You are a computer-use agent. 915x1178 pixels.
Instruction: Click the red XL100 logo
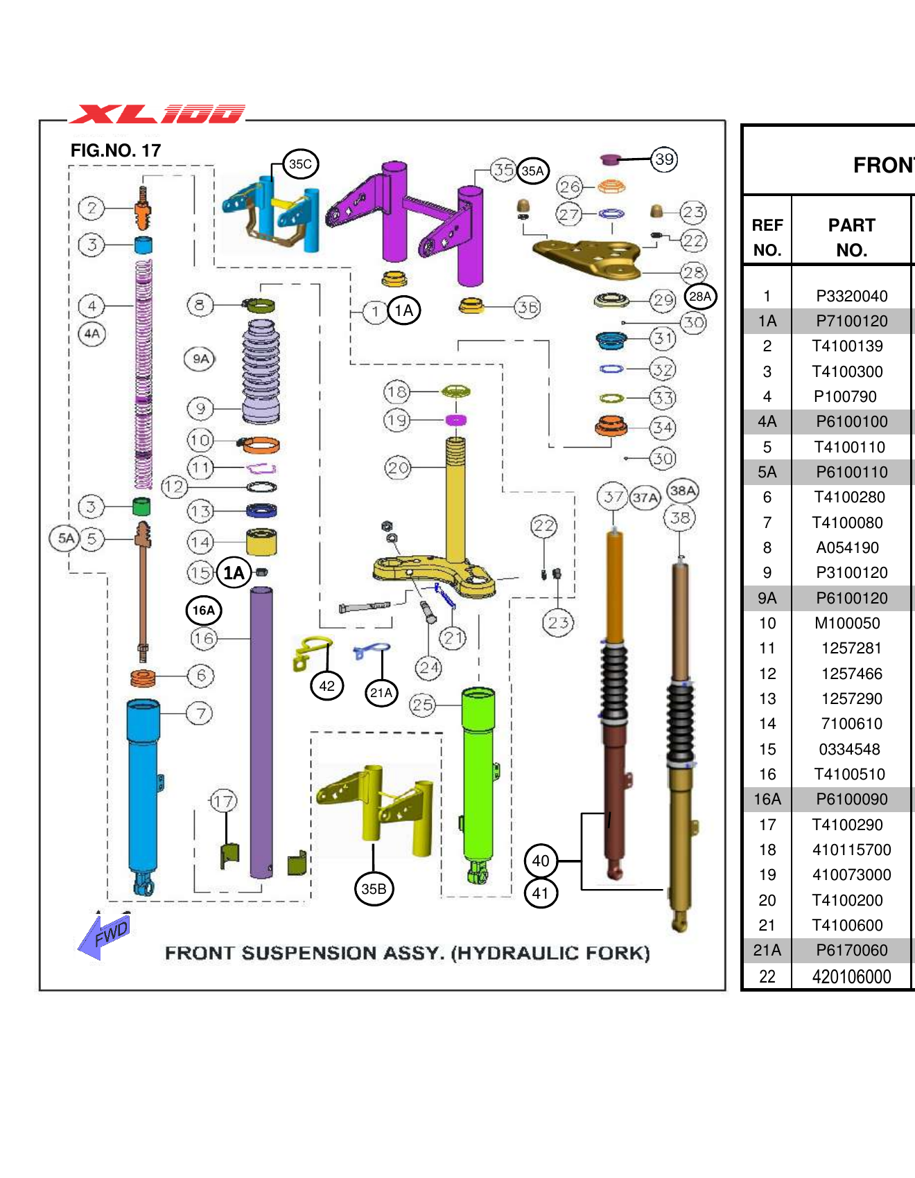(157, 114)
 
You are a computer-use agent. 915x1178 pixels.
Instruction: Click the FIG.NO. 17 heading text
(116, 151)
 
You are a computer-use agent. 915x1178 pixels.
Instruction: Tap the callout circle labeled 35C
(300, 164)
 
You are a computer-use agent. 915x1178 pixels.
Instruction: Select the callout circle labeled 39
(664, 159)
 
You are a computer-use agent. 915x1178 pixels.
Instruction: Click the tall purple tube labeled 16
(261, 728)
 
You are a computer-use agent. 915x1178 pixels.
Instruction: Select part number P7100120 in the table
(851, 322)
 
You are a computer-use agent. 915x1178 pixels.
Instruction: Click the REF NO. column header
(767, 237)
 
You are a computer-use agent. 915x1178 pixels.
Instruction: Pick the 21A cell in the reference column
(767, 951)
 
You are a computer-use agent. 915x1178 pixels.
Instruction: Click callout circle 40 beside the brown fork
(541, 861)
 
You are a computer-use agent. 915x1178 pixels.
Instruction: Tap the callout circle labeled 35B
(374, 889)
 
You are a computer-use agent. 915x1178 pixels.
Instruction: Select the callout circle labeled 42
(326, 686)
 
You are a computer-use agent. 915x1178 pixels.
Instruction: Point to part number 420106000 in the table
(851, 977)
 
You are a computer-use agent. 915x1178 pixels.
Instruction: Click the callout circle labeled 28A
(700, 297)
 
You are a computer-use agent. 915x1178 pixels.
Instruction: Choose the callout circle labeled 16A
(204, 610)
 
